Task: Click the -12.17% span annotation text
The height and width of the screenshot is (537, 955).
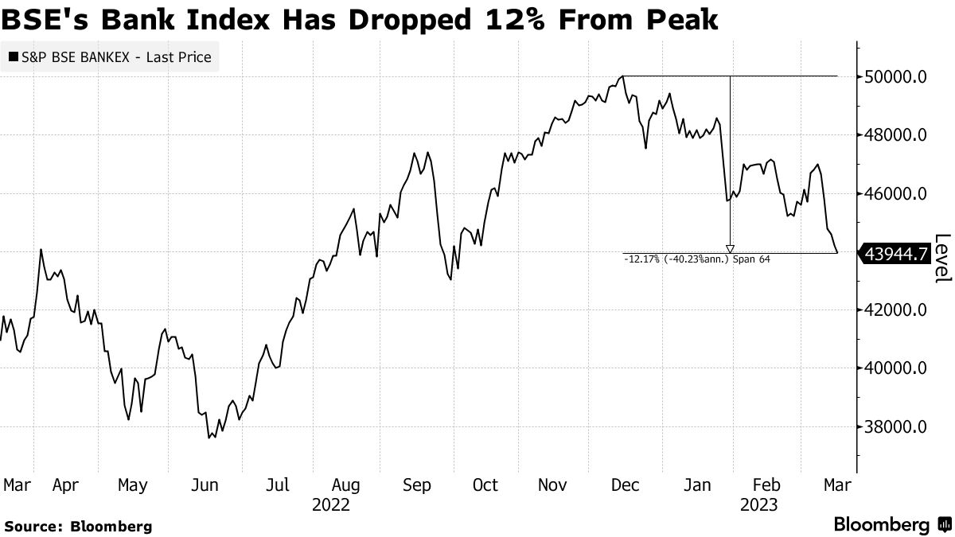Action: [x=697, y=259]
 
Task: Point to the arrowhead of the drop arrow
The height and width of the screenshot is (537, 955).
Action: [x=730, y=249]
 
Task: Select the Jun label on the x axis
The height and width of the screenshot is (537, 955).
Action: [x=206, y=484]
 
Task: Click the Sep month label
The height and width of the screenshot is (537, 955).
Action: [x=417, y=484]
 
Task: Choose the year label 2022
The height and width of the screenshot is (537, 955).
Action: [x=331, y=504]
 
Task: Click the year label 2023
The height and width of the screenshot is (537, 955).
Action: [x=758, y=504]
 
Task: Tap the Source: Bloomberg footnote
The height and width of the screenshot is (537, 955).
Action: [x=77, y=526]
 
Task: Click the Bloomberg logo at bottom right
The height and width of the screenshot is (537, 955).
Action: [x=891, y=525]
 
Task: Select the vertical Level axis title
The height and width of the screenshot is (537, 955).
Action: [x=943, y=257]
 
